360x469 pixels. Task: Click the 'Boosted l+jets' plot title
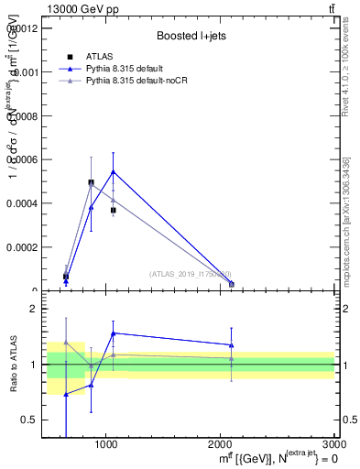[x=191, y=36]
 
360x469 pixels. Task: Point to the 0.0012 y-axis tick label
[x=21, y=27]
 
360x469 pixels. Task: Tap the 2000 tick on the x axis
[x=221, y=444]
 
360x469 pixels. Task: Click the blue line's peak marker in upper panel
[x=113, y=171]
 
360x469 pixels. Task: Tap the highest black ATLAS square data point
[x=91, y=182]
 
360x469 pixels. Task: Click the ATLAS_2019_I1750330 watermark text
[x=191, y=274]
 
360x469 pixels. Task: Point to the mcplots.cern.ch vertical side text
[x=346, y=221]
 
